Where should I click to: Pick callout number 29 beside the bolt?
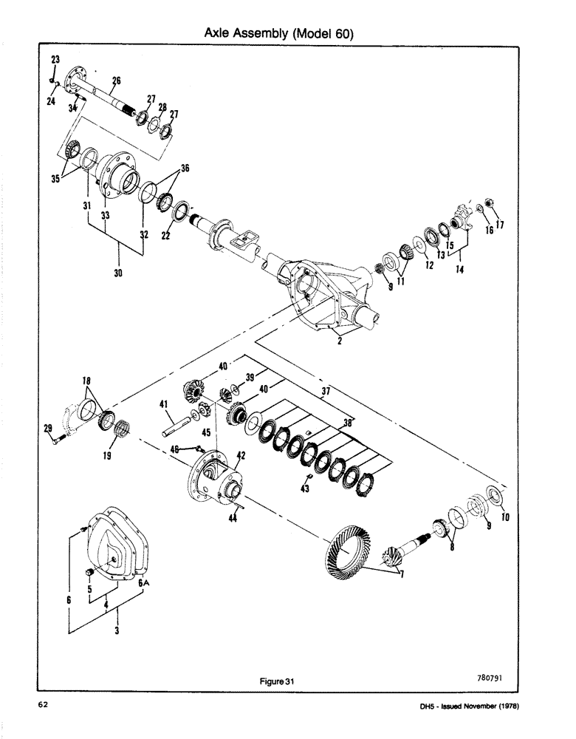[48, 429]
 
